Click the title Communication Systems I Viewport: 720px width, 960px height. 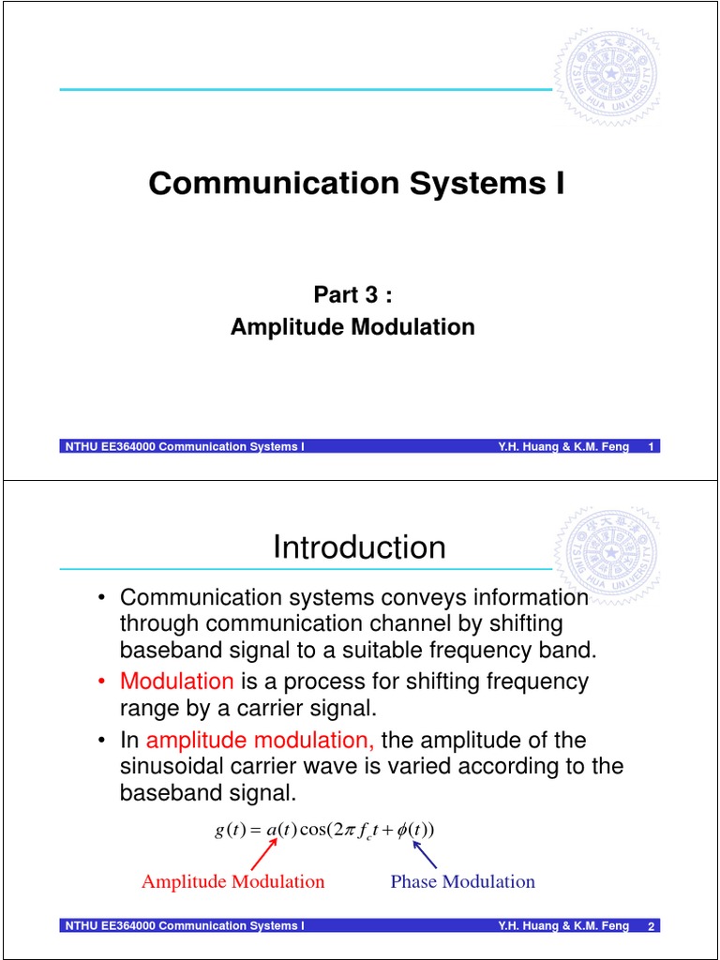pyautogui.click(x=356, y=183)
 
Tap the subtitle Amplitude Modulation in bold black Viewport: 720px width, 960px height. pyautogui.click(x=352, y=326)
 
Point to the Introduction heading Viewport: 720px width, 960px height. pyautogui.click(x=359, y=547)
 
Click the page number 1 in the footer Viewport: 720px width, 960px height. pyautogui.click(x=651, y=446)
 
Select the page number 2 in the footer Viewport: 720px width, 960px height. pyautogui.click(x=651, y=926)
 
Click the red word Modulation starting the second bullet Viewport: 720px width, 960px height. pyautogui.click(x=177, y=681)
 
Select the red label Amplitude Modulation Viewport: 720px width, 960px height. pyautogui.click(x=232, y=881)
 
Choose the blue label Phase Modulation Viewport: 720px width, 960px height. pyautogui.click(x=462, y=881)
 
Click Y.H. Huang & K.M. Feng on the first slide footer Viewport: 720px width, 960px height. pyautogui.click(x=563, y=446)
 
